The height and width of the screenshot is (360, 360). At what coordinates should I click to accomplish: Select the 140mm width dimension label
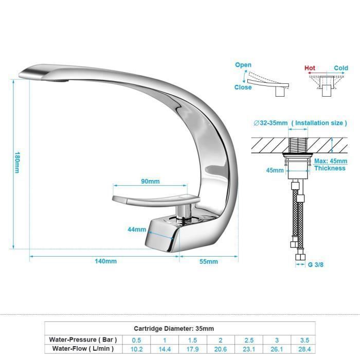(105, 261)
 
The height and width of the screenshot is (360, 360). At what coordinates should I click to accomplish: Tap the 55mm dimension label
(208, 261)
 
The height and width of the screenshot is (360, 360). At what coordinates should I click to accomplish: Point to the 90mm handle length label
(150, 181)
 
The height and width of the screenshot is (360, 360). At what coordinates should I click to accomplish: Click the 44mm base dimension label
(137, 229)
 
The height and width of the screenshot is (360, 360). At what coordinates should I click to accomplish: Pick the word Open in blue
(243, 65)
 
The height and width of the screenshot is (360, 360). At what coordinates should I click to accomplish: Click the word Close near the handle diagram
(243, 87)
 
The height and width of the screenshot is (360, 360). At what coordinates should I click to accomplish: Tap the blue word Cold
(340, 68)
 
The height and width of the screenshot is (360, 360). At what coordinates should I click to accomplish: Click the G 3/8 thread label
(316, 265)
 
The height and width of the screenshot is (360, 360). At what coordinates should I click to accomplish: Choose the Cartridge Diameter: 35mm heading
(174, 328)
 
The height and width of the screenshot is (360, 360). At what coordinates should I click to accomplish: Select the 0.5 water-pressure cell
(136, 340)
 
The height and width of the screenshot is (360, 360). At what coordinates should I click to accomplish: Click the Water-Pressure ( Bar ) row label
(83, 340)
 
